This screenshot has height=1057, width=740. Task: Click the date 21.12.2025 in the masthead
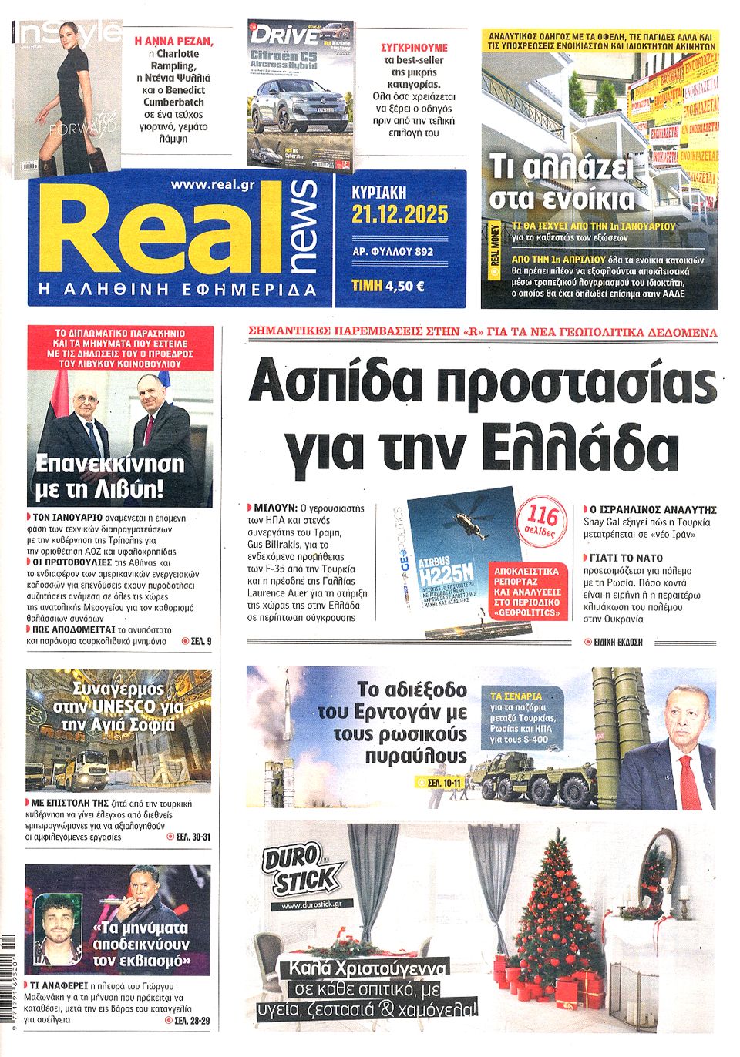[399, 215]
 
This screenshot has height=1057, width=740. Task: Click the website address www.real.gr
[213, 184]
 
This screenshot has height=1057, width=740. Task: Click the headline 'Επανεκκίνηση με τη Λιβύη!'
[110, 476]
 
